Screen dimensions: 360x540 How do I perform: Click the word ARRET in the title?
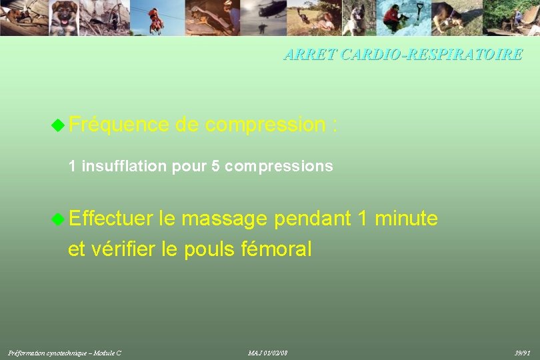(x=310, y=55)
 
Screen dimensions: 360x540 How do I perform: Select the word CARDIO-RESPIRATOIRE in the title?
(x=431, y=55)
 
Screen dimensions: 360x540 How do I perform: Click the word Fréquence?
(x=119, y=124)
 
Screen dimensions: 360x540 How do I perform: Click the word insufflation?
(x=125, y=166)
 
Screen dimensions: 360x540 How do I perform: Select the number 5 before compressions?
(x=215, y=166)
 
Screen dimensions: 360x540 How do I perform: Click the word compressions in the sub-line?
(x=279, y=167)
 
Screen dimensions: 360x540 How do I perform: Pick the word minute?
(x=407, y=218)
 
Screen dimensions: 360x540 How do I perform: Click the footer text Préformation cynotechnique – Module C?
(x=65, y=352)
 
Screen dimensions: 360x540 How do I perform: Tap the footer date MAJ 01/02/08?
(x=268, y=352)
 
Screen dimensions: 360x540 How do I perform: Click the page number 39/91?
(x=522, y=352)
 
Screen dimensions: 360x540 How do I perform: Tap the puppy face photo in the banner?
(x=65, y=16)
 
